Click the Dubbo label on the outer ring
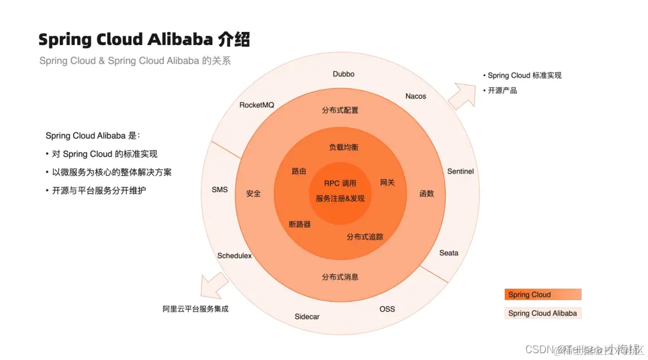pyautogui.click(x=343, y=74)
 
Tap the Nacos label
pyautogui.click(x=416, y=96)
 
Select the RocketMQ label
pyautogui.click(x=257, y=105)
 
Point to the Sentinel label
pyautogui.click(x=460, y=171)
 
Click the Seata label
pyautogui.click(x=449, y=253)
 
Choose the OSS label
pyautogui.click(x=387, y=309)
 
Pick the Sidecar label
pyautogui.click(x=307, y=317)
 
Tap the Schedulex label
pyautogui.click(x=235, y=256)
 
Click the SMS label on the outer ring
pyautogui.click(x=220, y=189)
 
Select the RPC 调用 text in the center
pyautogui.click(x=340, y=183)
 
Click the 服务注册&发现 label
pyautogui.click(x=340, y=199)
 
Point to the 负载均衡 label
pyautogui.click(x=344, y=147)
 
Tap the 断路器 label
pyautogui.click(x=300, y=224)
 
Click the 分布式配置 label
pyautogui.click(x=340, y=110)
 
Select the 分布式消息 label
pyautogui.click(x=340, y=277)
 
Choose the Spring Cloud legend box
pyautogui.click(x=542, y=294)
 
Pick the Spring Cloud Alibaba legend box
pyautogui.click(x=542, y=313)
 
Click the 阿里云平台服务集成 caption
pyautogui.click(x=195, y=309)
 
